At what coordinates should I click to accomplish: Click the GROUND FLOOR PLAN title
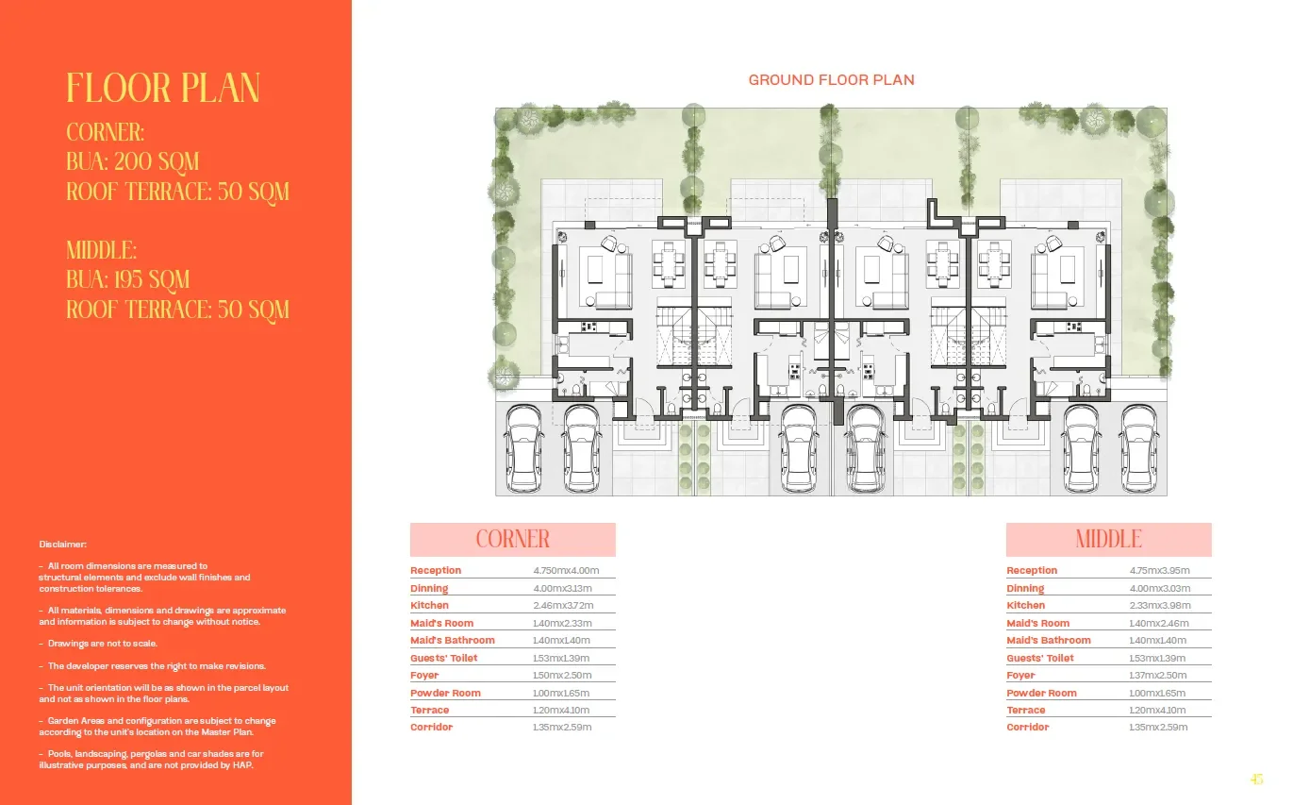click(x=831, y=79)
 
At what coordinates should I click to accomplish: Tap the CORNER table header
click(x=513, y=540)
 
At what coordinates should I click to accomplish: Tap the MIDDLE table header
click(x=1108, y=540)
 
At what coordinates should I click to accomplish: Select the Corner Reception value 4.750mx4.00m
click(x=566, y=571)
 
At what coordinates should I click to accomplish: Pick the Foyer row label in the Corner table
click(x=424, y=675)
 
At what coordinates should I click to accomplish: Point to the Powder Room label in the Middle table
click(x=1041, y=693)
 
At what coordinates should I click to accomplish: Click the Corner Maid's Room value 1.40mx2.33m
click(x=562, y=623)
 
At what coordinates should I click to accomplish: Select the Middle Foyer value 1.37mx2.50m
click(x=1158, y=675)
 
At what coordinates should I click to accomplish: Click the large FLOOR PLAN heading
click(x=163, y=89)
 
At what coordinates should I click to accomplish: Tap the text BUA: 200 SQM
click(x=133, y=161)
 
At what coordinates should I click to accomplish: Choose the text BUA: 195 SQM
click(x=128, y=279)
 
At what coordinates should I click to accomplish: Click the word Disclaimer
click(x=63, y=544)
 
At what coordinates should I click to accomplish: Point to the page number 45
click(x=1256, y=780)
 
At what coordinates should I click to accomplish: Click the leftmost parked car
click(x=524, y=448)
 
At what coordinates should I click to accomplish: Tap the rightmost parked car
click(x=1139, y=448)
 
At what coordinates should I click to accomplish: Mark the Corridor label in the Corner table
click(x=431, y=727)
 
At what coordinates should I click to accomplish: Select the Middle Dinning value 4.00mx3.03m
click(x=1160, y=589)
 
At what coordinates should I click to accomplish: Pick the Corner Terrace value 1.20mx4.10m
click(x=561, y=711)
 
